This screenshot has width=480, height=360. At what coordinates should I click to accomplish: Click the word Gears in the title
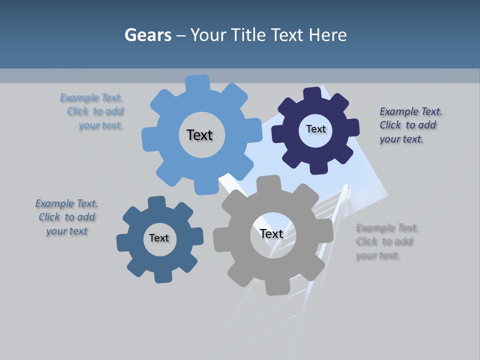(x=147, y=35)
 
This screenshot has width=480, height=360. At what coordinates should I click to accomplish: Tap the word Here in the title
(x=327, y=35)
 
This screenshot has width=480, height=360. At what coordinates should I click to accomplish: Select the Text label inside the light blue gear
(x=199, y=135)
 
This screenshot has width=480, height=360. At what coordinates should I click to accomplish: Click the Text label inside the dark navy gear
(x=315, y=129)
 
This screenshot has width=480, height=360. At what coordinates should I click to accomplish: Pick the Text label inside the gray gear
(x=271, y=233)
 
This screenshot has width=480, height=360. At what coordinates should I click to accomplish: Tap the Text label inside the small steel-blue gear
(x=159, y=238)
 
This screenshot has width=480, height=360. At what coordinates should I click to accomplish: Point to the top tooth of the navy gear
(x=312, y=93)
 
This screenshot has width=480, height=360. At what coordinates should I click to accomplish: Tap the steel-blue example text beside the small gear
(x=66, y=217)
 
